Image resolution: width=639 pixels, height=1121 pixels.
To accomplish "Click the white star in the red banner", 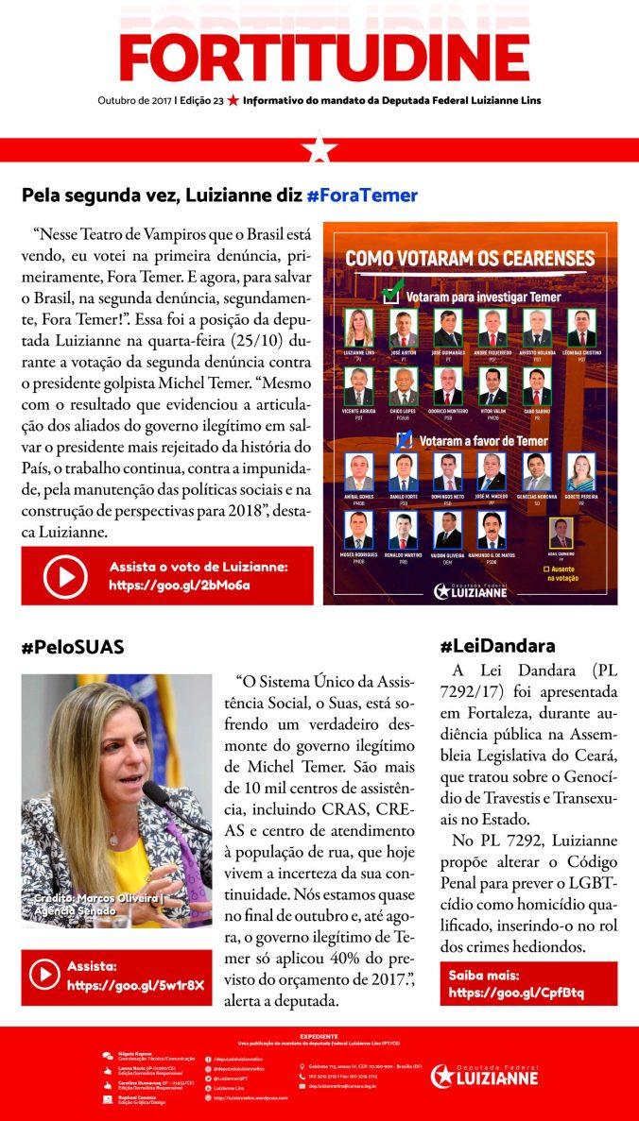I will pyautogui.click(x=319, y=149).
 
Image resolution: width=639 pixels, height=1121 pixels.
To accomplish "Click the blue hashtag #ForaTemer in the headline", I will pyautogui.click(x=362, y=195).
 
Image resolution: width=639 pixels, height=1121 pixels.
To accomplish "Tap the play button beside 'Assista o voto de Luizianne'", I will pyautogui.click(x=65, y=575).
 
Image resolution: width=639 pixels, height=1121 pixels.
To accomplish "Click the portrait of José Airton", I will pyautogui.click(x=404, y=328).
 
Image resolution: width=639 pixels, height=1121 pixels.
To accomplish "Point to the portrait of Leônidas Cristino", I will pyautogui.click(x=581, y=328).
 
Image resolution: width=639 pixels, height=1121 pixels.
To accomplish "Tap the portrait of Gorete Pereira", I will pyautogui.click(x=581, y=471).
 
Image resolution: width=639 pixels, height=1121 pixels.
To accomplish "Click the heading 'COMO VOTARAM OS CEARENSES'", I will pyautogui.click(x=470, y=258).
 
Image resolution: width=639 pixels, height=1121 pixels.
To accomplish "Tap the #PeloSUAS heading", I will pyautogui.click(x=73, y=647).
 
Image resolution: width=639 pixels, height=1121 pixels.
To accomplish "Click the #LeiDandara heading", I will pyautogui.click(x=497, y=646).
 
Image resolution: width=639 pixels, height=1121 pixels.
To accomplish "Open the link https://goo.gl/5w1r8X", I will pyautogui.click(x=135, y=985).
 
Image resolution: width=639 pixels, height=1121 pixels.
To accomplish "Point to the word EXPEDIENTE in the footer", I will pyautogui.click(x=319, y=1036).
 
